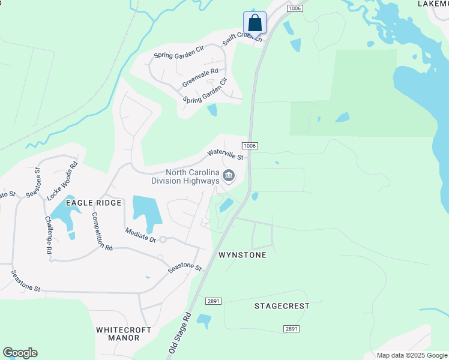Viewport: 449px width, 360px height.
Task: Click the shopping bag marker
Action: [255, 23]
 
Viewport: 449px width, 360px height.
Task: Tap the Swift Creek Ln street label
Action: [243, 37]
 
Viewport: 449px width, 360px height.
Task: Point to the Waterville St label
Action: [225, 155]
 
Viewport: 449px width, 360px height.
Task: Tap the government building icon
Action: [229, 176]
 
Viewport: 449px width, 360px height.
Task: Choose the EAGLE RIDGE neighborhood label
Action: [94, 203]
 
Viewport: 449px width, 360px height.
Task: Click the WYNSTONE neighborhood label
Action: [242, 255]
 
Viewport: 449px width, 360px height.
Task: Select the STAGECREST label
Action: [282, 306]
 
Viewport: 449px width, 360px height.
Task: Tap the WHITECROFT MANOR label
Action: [118, 334]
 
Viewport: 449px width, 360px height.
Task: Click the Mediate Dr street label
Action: [140, 235]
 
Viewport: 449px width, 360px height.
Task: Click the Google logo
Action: [20, 353]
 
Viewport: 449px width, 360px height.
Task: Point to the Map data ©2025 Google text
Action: [411, 355]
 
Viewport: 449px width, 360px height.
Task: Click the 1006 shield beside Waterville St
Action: [250, 146]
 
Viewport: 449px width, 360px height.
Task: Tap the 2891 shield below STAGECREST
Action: [291, 329]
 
